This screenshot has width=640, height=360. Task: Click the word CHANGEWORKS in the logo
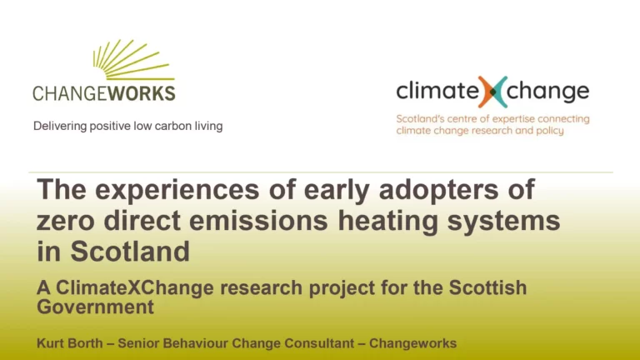pyautogui.click(x=104, y=92)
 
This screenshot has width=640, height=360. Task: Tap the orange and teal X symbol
pyautogui.click(x=492, y=92)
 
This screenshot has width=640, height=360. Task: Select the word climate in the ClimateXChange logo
pyautogui.click(x=436, y=92)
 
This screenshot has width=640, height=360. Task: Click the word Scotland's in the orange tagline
pyautogui.click(x=423, y=119)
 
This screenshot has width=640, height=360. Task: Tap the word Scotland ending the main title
pyautogui.click(x=128, y=251)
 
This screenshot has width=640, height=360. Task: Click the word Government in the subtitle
pyautogui.click(x=96, y=307)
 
